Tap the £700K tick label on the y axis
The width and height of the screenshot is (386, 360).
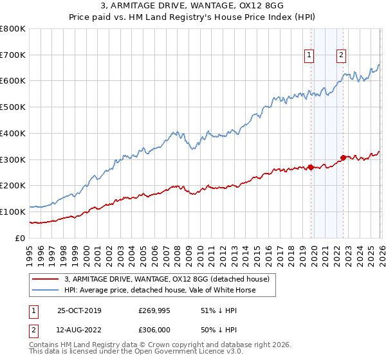(x=13, y=55)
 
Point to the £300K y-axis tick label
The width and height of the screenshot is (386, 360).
(x=13, y=159)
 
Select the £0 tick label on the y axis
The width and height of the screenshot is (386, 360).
(x=21, y=238)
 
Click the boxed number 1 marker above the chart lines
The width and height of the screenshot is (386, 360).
(x=309, y=56)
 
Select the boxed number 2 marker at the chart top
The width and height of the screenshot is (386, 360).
(x=340, y=56)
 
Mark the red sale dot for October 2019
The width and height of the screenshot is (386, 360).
(x=311, y=167)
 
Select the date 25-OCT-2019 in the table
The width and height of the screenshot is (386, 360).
(x=79, y=310)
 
